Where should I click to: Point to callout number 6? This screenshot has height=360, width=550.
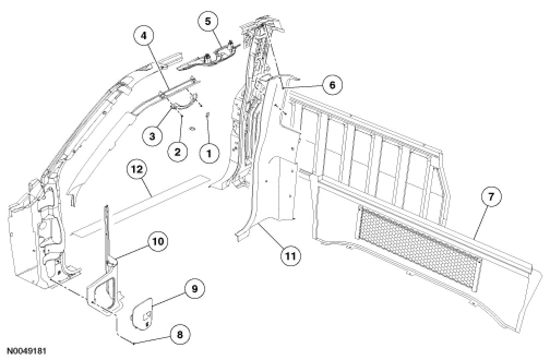pos(332,85)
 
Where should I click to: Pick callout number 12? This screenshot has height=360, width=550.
pos(137,170)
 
